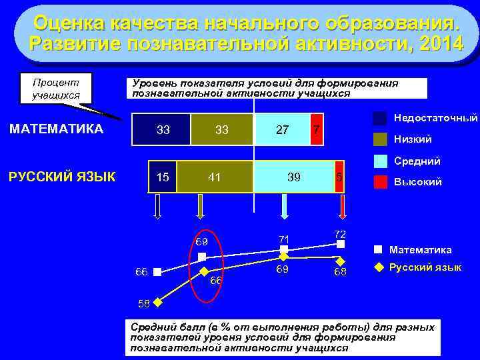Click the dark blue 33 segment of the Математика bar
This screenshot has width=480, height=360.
coord(162,129)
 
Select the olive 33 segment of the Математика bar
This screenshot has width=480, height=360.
coord(222,129)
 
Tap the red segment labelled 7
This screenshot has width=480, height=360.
coord(317,129)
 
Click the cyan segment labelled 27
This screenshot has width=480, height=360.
coord(282,129)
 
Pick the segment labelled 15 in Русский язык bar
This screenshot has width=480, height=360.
coord(162,177)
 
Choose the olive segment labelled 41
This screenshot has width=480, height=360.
coord(215,177)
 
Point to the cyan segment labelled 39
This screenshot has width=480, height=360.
coord(293,177)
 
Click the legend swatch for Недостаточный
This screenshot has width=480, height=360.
coord(380,119)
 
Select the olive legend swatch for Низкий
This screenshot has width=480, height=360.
coord(380,139)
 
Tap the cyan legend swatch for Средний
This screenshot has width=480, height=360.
coord(380,161)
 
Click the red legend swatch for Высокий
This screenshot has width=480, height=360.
coord(380,181)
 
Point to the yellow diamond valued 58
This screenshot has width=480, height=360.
coord(157,301)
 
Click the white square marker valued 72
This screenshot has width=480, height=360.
coord(340,245)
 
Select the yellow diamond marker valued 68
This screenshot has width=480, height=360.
coord(340,261)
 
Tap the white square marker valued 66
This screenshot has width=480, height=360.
coord(157,272)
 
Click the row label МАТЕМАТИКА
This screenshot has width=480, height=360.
coord(57,129)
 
